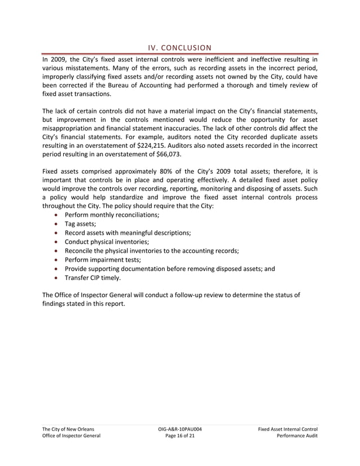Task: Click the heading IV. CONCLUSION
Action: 180,47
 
